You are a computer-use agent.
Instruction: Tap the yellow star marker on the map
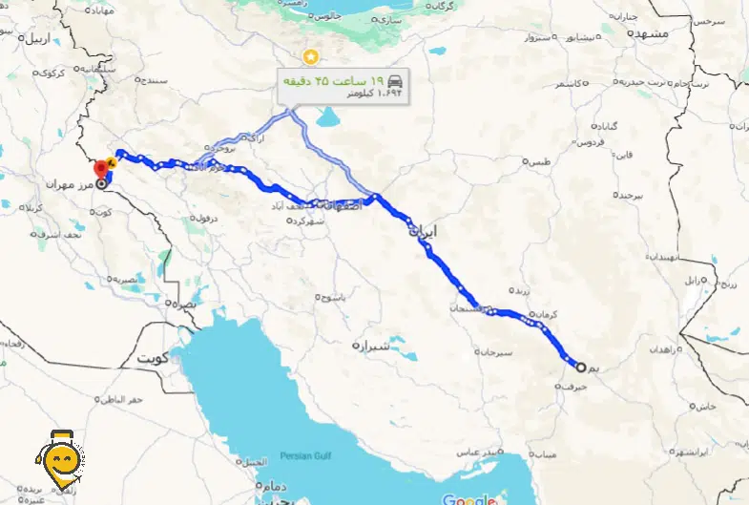click(308, 54)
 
